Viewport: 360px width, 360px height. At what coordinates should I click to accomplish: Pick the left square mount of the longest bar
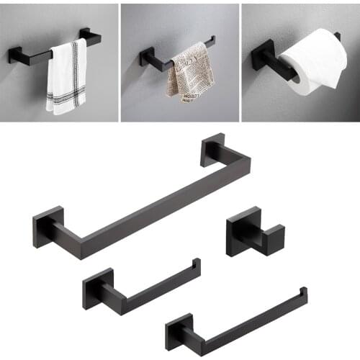[48, 226]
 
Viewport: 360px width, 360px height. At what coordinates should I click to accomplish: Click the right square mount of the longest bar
[212, 149]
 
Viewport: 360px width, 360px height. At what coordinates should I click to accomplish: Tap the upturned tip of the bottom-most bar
[303, 292]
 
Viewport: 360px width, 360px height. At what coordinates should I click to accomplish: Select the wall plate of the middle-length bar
[97, 287]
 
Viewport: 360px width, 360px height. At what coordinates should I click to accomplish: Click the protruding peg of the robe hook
[271, 237]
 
